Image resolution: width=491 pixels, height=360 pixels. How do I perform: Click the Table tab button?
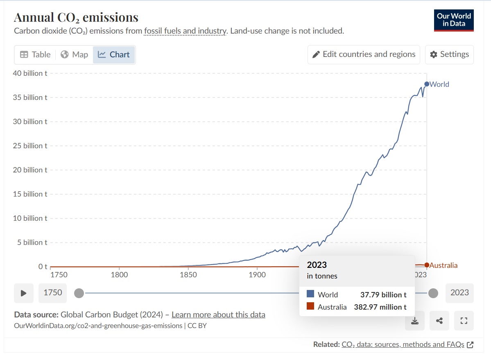pos(35,54)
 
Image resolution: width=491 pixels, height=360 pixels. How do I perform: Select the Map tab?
pos(74,54)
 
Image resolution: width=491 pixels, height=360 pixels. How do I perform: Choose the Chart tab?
pos(114,54)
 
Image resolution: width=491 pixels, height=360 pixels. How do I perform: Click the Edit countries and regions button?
pos(364,54)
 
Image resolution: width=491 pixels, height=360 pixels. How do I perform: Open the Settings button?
pos(449,54)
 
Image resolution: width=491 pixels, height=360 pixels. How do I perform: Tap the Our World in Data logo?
pos(454,20)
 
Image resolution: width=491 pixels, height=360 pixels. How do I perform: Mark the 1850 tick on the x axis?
pos(188,274)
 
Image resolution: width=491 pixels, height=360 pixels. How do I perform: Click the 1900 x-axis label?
pos(257,274)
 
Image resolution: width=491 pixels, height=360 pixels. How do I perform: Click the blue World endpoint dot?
pos(427,84)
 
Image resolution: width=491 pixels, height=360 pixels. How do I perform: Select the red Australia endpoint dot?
pos(427,265)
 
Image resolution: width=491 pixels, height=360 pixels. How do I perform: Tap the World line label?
pos(439,84)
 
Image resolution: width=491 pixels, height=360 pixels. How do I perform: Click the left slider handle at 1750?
pos(79,293)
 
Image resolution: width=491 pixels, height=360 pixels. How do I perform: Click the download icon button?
pos(415,321)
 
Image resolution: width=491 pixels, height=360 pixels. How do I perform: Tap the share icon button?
pos(439,321)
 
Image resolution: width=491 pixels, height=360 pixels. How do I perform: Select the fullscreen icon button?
pos(464,321)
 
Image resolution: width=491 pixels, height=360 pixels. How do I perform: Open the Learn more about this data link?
pos(218,315)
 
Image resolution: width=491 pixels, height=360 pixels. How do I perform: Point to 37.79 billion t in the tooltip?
pos(383,294)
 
